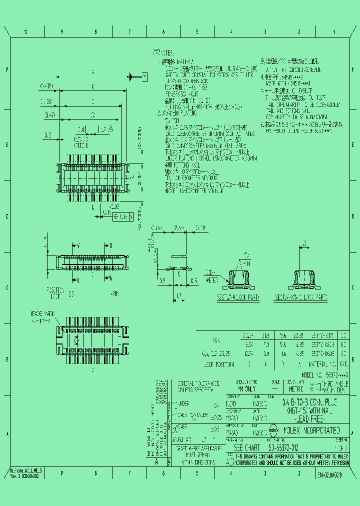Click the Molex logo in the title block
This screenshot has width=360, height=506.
(274, 429)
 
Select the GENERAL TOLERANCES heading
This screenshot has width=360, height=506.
(198, 383)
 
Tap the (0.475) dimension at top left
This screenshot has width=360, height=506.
(46, 86)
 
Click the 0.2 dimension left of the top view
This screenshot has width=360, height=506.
(47, 134)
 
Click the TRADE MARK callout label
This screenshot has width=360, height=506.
(43, 313)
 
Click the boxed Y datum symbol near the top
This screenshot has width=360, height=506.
(145, 76)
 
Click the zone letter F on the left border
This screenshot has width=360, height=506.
(7, 70)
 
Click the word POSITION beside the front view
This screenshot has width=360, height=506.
(55, 289)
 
